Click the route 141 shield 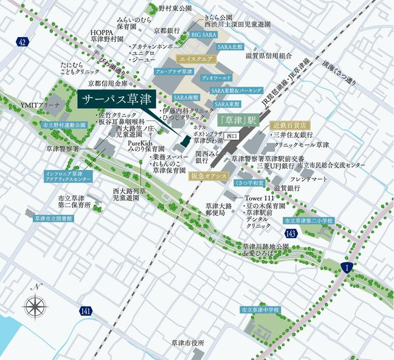[x=85, y=311]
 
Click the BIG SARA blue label [x=204, y=35]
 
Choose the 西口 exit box [x=230, y=135]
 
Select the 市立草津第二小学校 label [x=308, y=220]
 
